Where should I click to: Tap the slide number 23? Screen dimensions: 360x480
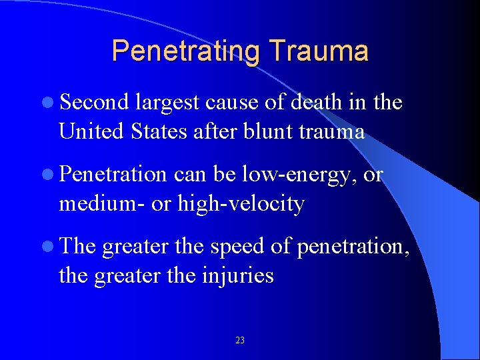point(240,341)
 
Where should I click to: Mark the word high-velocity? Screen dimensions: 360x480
point(241,203)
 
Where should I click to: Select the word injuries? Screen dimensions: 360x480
point(238,275)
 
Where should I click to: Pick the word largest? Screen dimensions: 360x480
point(167,102)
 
